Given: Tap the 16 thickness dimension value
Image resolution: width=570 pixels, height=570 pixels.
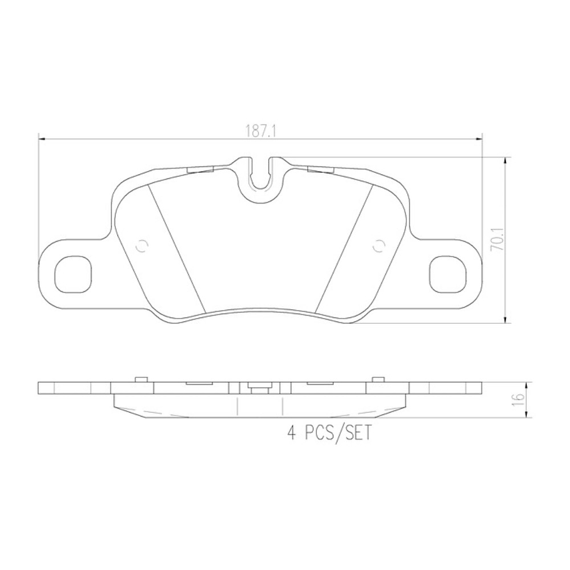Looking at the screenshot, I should tap(517, 400).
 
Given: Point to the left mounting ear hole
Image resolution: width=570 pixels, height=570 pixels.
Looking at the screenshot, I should tap(73, 274).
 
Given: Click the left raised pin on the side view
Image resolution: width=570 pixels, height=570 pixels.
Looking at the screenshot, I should tap(141, 379).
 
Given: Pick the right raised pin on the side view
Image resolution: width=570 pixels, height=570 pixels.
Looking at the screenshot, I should tap(378, 379).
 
